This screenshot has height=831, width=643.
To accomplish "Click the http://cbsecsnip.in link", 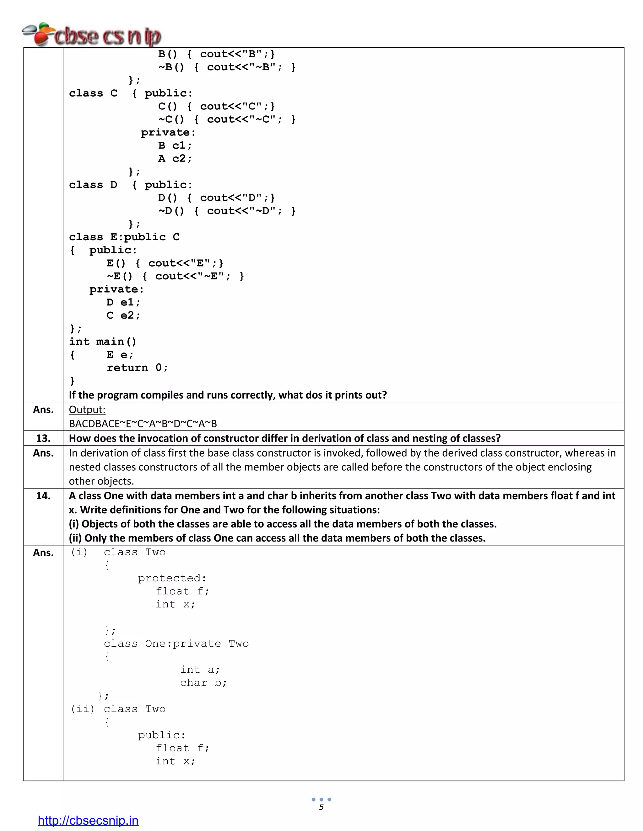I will pyautogui.click(x=88, y=820).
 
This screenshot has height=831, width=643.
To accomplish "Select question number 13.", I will pyautogui.click(x=43, y=438).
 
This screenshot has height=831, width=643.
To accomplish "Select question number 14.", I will pyautogui.click(x=43, y=495).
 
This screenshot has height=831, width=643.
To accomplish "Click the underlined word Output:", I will pyautogui.click(x=87, y=410).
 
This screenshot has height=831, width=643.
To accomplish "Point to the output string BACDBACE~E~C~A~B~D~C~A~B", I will pyautogui.click(x=143, y=423).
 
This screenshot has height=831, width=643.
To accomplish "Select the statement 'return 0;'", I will pyautogui.click(x=137, y=368).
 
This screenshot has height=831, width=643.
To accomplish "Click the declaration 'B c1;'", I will pyautogui.click(x=175, y=146).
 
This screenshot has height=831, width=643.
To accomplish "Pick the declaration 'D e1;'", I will pyautogui.click(x=123, y=303).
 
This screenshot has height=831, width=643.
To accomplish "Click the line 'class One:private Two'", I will pyautogui.click(x=176, y=644).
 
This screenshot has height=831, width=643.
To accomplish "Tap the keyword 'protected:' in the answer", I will pyautogui.click(x=172, y=578).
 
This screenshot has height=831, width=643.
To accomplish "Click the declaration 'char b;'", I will pyautogui.click(x=203, y=683).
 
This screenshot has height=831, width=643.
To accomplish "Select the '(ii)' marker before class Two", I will pyautogui.click(x=82, y=709).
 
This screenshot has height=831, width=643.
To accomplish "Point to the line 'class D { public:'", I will pyautogui.click(x=131, y=185).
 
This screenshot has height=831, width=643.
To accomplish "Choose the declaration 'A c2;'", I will pyautogui.click(x=175, y=159).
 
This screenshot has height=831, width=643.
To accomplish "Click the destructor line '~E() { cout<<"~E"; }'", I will pyautogui.click(x=175, y=276).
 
